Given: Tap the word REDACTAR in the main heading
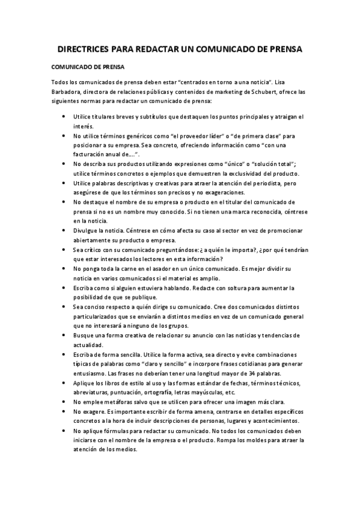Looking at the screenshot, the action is (x=166, y=49).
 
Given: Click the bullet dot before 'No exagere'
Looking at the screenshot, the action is (x=64, y=411).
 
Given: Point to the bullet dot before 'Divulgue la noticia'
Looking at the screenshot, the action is (x=64, y=230).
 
